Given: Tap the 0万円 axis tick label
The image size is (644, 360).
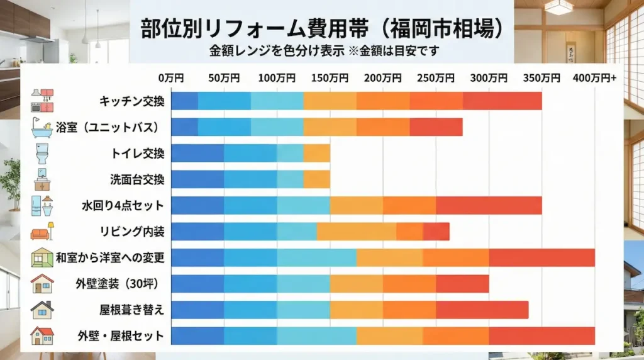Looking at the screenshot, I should tap(171, 78).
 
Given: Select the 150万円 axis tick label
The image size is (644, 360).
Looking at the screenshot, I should tap(330, 78).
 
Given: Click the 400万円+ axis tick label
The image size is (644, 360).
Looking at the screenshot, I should tap(594, 78).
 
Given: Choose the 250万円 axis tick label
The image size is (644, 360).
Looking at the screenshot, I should tap(436, 78).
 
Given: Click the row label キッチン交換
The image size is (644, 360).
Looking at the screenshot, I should tap(131, 101).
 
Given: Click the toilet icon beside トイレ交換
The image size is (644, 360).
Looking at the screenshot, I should tap(42, 153).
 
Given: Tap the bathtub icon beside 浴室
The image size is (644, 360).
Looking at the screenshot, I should tap(42, 127).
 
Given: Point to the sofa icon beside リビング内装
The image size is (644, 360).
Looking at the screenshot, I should tap(42, 232).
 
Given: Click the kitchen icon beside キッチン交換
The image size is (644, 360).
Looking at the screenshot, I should tap(42, 101).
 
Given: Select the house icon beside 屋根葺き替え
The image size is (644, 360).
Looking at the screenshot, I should tap(42, 310).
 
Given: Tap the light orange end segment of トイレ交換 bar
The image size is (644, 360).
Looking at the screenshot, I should tap(316, 153).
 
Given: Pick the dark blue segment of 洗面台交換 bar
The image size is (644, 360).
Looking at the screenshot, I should tap(197, 179).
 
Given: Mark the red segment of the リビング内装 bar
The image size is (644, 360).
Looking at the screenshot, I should tap(436, 232).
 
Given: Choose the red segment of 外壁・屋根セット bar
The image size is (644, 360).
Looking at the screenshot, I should tap(541, 335).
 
